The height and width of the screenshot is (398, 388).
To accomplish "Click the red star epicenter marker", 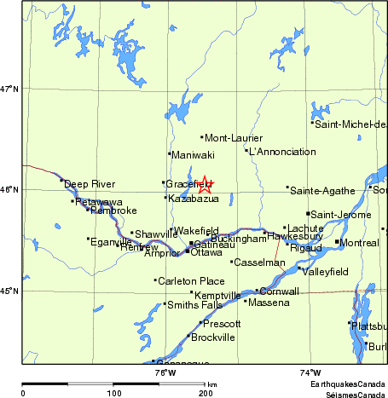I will tap(205, 184).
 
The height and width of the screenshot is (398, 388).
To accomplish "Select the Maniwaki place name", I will tap(192, 154).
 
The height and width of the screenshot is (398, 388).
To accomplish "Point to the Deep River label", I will tap(90, 183).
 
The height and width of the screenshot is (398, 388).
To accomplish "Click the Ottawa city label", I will tap(206, 252).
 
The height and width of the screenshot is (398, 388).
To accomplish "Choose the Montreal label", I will tap(359, 243).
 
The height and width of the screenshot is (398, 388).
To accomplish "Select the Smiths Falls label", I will tap(194, 304).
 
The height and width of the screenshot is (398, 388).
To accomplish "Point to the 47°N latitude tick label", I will tap(9, 88).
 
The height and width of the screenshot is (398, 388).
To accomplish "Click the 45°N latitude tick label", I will tap(9, 291).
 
